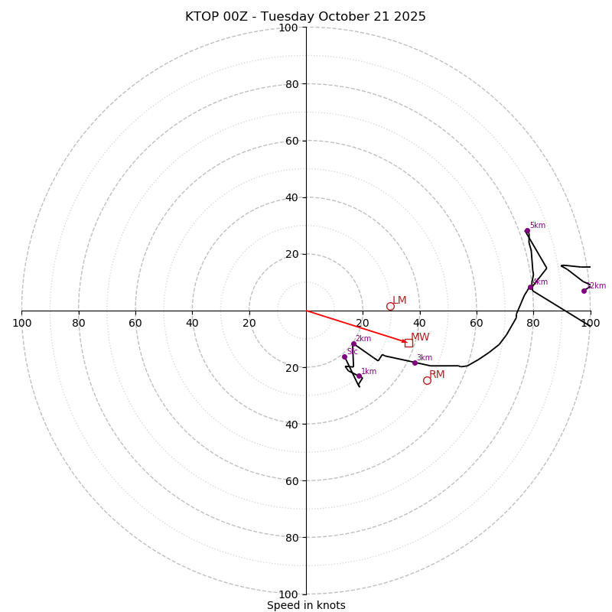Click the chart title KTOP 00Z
305,17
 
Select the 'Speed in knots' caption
306,605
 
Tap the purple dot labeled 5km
527,230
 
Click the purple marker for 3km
415,363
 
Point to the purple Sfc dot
344,356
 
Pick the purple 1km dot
359,376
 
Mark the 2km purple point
353,343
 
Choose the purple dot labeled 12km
584,291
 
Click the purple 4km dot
530,288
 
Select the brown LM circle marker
390,306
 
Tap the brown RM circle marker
427,380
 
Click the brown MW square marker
409,343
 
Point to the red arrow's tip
406,342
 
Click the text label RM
437,375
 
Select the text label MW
420,337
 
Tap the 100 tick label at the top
288,28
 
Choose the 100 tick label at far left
21,323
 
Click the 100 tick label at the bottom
288,594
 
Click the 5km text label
538,226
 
